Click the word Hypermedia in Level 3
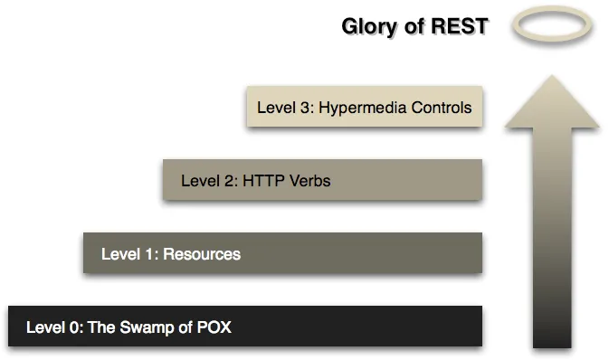tap(358, 108)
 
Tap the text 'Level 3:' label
tap(283, 108)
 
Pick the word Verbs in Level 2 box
tap(310, 181)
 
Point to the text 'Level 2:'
tap(208, 181)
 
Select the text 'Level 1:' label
tap(128, 254)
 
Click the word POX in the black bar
tap(214, 327)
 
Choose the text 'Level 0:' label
tap(53, 327)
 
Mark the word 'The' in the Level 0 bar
tap(101, 327)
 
